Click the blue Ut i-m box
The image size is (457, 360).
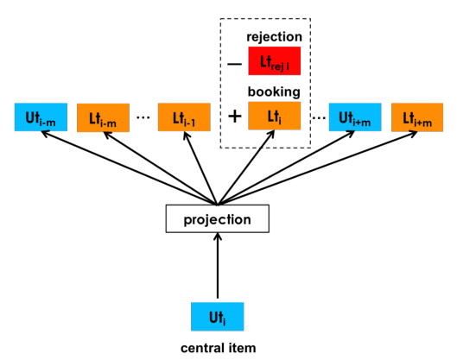[x=41, y=117]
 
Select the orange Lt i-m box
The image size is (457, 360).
[x=103, y=117]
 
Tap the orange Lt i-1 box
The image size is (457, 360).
[x=184, y=117]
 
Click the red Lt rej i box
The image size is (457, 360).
[x=275, y=61]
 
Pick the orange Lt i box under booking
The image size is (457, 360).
[x=275, y=116]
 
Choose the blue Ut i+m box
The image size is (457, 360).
[x=355, y=117]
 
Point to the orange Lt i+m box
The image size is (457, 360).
[x=417, y=117]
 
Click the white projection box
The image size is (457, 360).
[x=218, y=218]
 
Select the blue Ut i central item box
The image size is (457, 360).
[x=218, y=317]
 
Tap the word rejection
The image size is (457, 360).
[x=274, y=37]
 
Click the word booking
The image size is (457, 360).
[x=274, y=92]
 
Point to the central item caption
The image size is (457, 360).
[x=219, y=348]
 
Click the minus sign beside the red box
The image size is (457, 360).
[x=235, y=64]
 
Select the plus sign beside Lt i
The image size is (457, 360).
[x=235, y=117]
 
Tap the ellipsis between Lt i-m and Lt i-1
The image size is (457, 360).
[x=143, y=117]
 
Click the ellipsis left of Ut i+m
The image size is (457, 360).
[x=319, y=118]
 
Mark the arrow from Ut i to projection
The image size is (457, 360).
[x=218, y=265]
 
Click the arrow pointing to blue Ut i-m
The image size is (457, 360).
[x=129, y=167]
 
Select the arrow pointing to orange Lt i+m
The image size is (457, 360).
[x=317, y=167]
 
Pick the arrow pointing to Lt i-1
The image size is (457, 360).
[x=200, y=168]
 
